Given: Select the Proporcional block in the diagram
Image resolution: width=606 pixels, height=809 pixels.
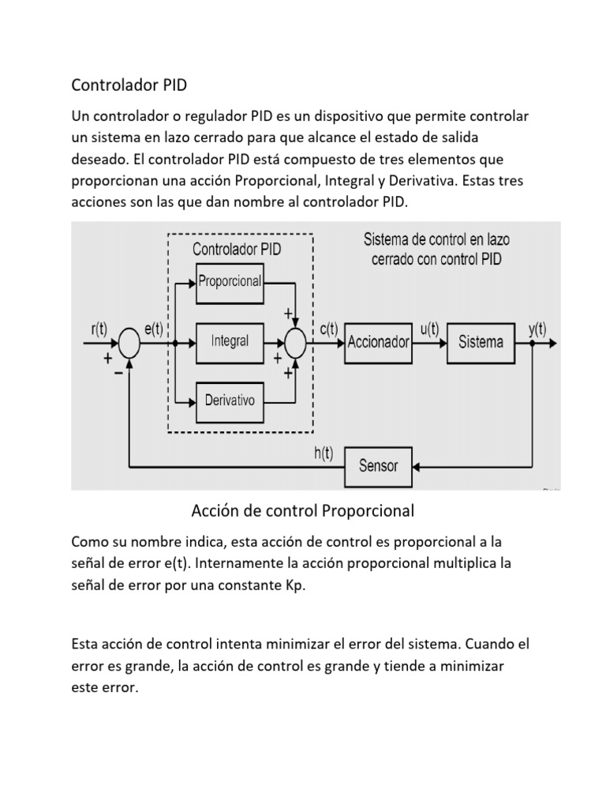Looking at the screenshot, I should (x=230, y=280).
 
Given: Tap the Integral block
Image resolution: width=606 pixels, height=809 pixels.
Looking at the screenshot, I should (x=230, y=341).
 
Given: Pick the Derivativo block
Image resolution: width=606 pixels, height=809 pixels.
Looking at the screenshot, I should (x=230, y=401).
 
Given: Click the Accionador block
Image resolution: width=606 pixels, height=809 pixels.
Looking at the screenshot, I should (x=379, y=342).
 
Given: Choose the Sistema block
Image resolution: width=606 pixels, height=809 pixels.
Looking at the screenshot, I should (x=480, y=342).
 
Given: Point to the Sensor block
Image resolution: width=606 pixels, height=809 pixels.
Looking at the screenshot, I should (x=379, y=466).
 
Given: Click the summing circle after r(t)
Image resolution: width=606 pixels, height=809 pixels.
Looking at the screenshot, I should (x=129, y=344).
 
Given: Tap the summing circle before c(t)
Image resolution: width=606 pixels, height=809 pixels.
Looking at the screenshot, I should (x=294, y=343).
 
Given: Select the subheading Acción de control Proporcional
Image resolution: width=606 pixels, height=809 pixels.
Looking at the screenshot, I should (x=302, y=511).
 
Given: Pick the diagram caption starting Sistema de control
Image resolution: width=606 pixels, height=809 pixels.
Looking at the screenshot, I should (x=436, y=248).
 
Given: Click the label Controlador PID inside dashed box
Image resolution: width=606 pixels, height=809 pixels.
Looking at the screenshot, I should (x=237, y=248).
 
